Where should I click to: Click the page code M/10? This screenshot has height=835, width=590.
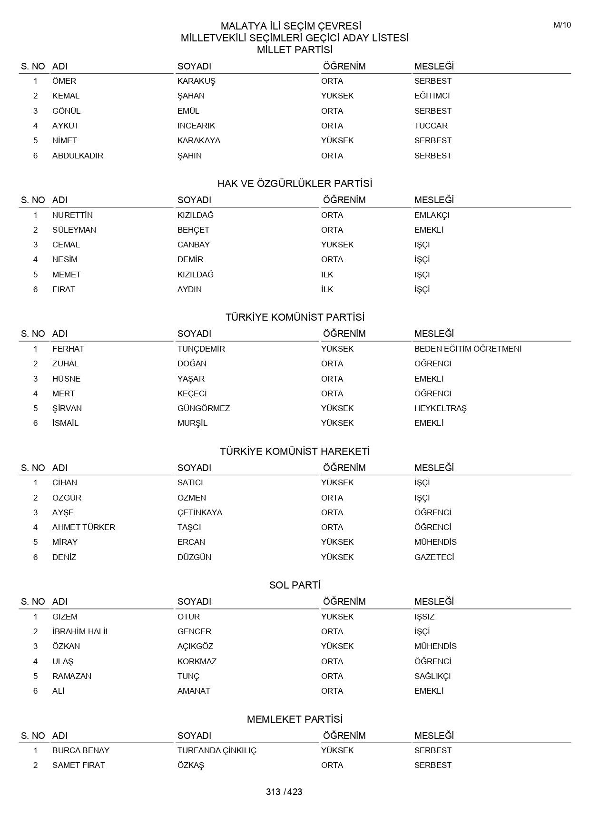562,25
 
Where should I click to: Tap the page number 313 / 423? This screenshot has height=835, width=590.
284,792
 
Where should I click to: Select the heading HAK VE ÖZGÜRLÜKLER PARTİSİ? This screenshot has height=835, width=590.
295,184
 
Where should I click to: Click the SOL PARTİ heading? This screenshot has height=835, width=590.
295,585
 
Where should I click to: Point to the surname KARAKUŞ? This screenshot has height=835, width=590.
196,81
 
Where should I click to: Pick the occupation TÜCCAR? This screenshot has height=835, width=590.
431,126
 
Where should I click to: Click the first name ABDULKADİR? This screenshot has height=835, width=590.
78,156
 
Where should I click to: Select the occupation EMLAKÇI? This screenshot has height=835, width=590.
432,215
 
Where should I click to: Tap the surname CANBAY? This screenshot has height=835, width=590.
193,245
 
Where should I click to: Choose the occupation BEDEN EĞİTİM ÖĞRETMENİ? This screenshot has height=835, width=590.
468,349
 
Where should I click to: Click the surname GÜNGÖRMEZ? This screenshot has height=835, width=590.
204,408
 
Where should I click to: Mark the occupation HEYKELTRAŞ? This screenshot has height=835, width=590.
440,408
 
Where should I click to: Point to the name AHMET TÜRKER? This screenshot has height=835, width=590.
84,527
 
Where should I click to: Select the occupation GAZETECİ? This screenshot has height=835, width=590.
434,557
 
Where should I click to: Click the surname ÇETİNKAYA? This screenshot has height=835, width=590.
200,512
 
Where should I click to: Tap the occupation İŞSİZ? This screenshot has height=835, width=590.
424,617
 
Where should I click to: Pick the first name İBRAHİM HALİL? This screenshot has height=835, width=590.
81,631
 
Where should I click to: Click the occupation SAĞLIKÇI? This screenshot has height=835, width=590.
432,676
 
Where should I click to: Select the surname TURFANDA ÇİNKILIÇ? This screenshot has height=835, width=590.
216,750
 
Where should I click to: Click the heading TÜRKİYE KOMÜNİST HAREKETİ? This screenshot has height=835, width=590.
295,452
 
